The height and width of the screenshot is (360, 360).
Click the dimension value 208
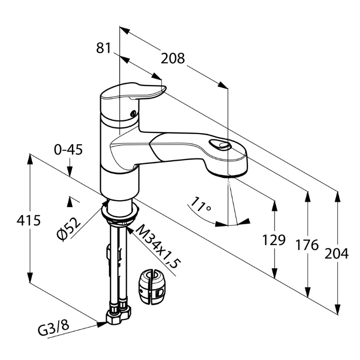tap(173, 58)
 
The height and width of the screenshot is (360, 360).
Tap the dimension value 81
tap(103, 48)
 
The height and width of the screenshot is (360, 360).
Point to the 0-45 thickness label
tap(69, 150)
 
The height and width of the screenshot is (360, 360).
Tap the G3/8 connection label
tap(53, 329)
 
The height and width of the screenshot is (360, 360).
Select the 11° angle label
tap(201, 205)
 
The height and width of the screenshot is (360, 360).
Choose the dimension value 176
tap(308, 245)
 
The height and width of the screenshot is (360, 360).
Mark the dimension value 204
tap(337, 253)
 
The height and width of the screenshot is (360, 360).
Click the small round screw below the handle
tap(132, 115)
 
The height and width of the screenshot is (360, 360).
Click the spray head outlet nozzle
tap(227, 172)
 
